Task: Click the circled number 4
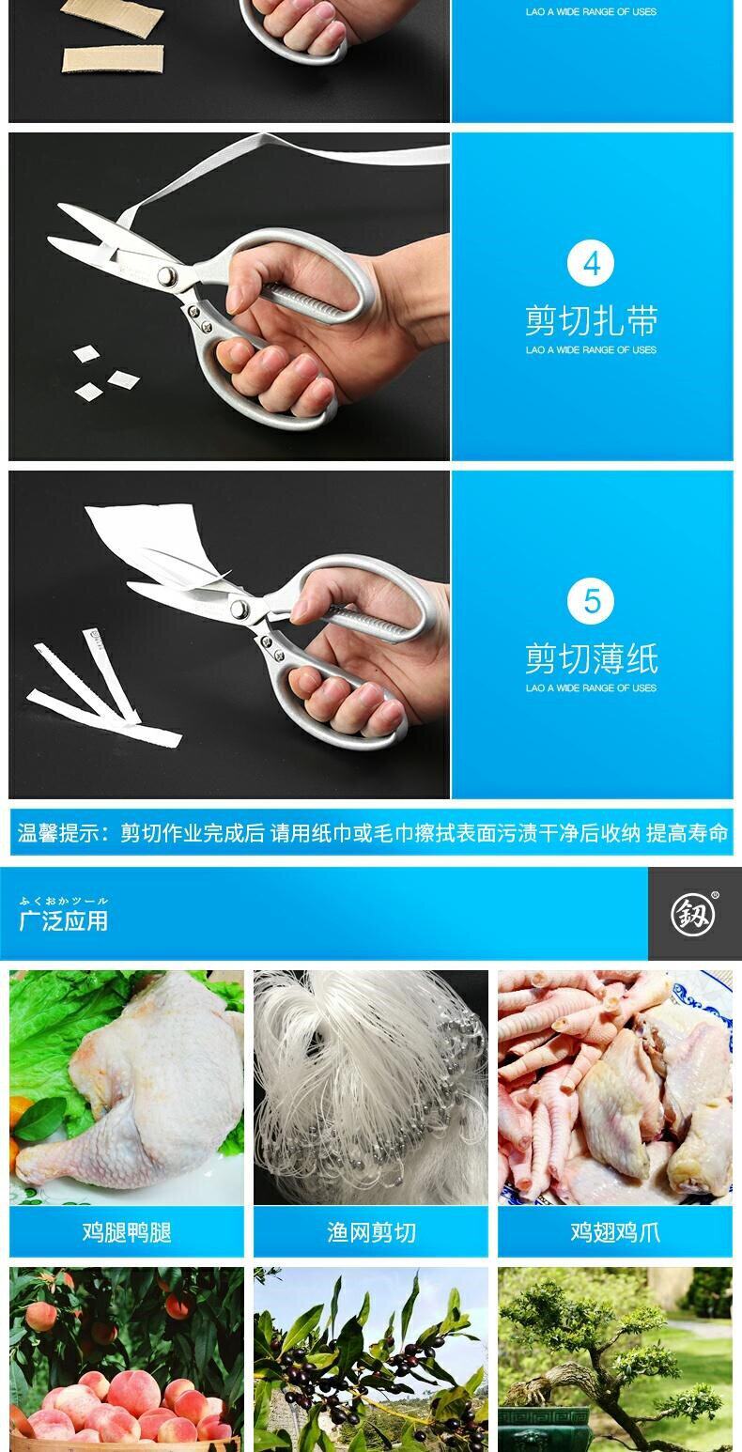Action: [x=591, y=263]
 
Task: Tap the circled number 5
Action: [x=591, y=601]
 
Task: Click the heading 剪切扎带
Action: [x=591, y=321]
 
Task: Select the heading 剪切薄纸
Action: [x=591, y=658]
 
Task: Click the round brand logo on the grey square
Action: [x=693, y=915]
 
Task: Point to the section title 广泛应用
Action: [x=64, y=920]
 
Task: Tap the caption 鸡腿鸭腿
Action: [x=127, y=1231]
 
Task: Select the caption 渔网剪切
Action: [x=371, y=1231]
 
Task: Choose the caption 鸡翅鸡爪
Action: [x=615, y=1231]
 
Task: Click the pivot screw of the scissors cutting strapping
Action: [x=167, y=275]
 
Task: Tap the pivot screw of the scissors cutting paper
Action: [x=240, y=609]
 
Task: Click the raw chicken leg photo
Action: [x=127, y=1087]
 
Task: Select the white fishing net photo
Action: [x=371, y=1087]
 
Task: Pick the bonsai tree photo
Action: [x=615, y=1359]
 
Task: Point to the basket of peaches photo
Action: [x=127, y=1359]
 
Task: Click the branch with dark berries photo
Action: [x=371, y=1359]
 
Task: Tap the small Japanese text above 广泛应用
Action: [x=64, y=901]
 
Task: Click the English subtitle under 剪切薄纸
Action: [x=591, y=687]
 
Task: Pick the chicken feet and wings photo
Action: [x=615, y=1087]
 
